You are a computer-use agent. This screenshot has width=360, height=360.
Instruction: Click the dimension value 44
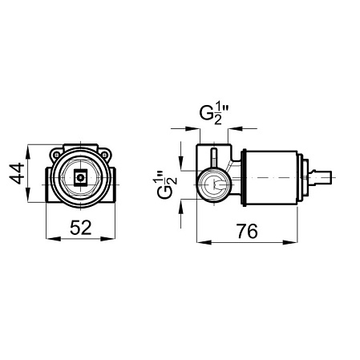[17, 173]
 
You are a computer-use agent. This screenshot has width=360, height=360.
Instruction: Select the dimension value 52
[81, 228]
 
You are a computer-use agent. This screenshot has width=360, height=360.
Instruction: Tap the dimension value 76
[247, 231]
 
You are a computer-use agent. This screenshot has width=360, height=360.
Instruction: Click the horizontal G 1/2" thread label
[215, 115]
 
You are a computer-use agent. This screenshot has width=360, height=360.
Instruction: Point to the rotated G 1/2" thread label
[167, 185]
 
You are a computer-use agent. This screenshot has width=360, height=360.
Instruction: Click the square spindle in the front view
[81, 176]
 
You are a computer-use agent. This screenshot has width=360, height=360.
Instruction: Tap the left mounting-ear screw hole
[56, 155]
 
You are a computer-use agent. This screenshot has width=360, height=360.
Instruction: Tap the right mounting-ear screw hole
[105, 155]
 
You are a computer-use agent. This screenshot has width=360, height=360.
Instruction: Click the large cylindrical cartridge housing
[270, 178]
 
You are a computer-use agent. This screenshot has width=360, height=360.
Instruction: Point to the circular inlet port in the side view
[214, 184]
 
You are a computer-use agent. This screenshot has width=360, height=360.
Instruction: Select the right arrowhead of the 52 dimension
[107, 238]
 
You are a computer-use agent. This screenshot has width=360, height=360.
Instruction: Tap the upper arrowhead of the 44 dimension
[28, 152]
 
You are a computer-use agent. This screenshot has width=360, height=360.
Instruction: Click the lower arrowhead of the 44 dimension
[28, 195]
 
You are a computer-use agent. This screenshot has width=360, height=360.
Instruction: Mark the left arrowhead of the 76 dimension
[204, 242]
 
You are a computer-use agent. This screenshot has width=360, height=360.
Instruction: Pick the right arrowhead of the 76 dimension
[290, 242]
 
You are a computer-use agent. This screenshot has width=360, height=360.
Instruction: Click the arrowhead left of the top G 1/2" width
[193, 129]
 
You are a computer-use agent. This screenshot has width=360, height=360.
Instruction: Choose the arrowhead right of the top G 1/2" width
[235, 129]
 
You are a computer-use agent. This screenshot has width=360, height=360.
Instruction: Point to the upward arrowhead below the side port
[181, 207]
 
